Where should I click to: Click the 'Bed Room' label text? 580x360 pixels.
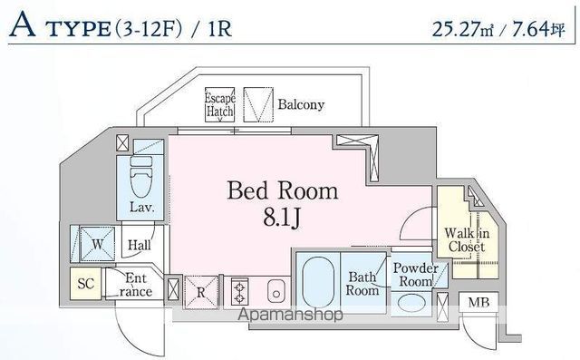coord(282,190)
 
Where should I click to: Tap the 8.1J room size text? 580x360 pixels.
coord(283,218)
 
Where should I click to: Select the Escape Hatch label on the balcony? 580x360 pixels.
coord(219,104)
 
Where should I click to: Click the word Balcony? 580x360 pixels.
coord(301,104)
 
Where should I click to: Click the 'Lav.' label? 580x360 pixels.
coord(141,207)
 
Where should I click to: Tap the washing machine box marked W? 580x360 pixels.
coord(94,243)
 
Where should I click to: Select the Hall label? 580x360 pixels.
coord(139,244)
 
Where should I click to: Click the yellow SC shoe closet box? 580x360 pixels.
coord(86,284)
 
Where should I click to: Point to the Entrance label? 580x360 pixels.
coord(136,285)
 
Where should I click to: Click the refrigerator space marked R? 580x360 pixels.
coord(200,291)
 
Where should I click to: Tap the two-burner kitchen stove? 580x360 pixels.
coord(240,292)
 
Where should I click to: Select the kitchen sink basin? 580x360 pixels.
coord(276,291)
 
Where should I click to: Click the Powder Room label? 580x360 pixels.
coord(415,275)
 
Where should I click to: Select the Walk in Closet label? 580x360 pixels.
coord(467,239)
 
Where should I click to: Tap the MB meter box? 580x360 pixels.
coord(476,303)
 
